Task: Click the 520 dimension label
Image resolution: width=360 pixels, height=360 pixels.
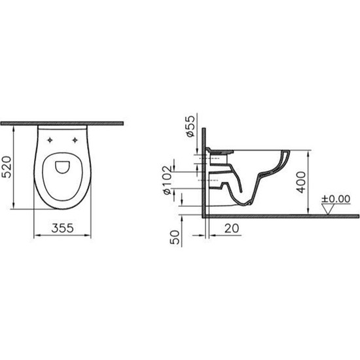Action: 7,167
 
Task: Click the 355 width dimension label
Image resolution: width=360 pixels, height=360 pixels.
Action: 62,228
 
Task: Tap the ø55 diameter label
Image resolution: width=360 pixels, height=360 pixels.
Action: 190,126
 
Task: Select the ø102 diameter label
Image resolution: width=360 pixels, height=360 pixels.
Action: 168,180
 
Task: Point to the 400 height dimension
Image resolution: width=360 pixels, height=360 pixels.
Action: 301,182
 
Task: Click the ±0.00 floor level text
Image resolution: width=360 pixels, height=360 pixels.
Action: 336,199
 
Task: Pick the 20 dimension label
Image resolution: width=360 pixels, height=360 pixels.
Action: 232,228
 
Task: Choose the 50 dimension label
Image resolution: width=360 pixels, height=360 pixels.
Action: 175,237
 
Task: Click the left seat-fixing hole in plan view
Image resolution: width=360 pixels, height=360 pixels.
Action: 50,140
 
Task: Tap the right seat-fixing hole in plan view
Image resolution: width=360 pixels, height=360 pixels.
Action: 75,140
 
